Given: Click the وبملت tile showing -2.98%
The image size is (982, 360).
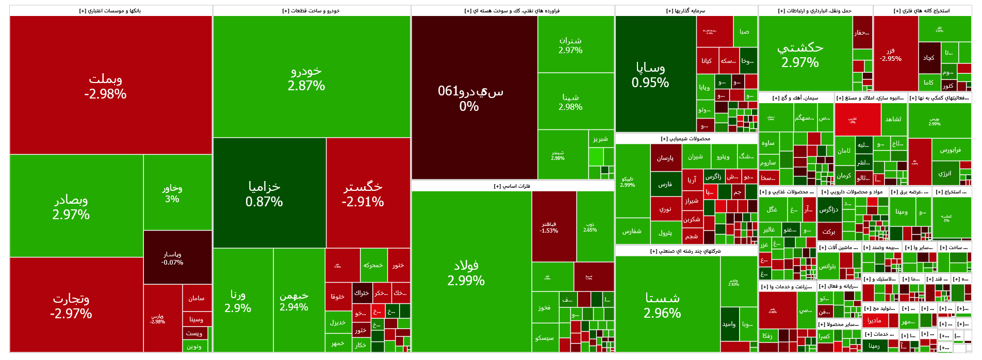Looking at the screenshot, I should click(x=106, y=86).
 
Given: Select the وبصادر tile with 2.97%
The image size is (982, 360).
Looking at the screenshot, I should click(x=71, y=206).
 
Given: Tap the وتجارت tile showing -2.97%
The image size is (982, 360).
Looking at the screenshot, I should click(x=71, y=305).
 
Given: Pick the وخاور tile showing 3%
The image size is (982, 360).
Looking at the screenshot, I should click(x=172, y=193).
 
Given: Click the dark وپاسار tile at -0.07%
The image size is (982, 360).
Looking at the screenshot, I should click(x=172, y=258).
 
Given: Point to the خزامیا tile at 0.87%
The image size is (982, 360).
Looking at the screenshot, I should click(x=264, y=193).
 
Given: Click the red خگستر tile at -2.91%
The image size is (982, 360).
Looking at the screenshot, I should click(x=363, y=193).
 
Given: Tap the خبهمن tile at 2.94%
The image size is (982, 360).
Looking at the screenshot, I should click(x=294, y=301).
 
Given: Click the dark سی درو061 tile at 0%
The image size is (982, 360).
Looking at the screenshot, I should click(x=470, y=98).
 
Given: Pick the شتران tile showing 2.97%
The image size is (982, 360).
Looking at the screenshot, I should click(x=570, y=45).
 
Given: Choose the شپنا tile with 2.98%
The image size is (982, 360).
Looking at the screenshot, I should click(x=570, y=102).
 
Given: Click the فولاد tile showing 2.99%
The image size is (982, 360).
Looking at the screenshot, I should click(x=466, y=272).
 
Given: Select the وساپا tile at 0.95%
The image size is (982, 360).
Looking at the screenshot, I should click(x=650, y=75).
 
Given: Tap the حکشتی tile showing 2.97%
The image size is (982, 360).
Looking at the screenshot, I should click(x=800, y=54).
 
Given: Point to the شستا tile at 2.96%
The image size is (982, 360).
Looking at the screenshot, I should click(x=662, y=305).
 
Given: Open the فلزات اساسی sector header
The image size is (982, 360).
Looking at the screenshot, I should click(x=512, y=186).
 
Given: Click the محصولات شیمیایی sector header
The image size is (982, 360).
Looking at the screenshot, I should click(x=685, y=139).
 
